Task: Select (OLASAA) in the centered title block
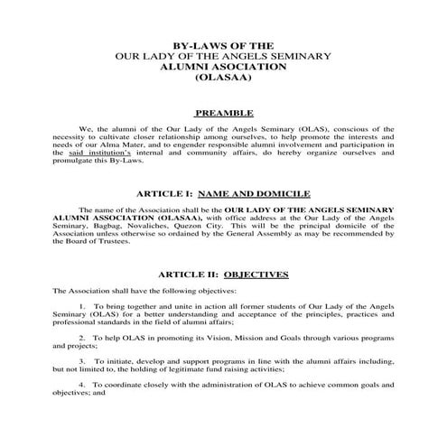pos(223,79)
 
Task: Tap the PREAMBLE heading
pos(223,114)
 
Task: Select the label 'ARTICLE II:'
pos(187,274)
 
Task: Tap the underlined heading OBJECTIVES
pos(256,274)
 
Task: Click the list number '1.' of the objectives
pos(82,306)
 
